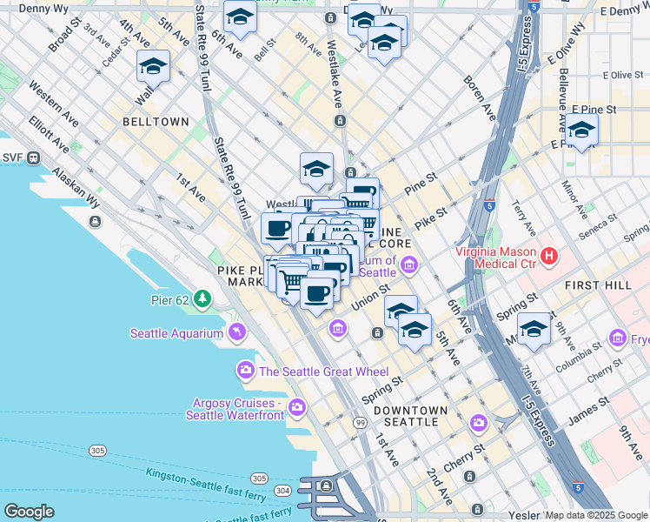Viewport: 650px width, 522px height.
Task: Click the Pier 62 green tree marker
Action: click(x=202, y=300)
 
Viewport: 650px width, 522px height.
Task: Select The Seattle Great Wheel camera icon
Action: click(x=246, y=371)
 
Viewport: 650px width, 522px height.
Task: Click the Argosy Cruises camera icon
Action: click(x=297, y=407)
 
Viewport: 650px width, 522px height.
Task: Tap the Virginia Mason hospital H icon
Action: click(x=548, y=256)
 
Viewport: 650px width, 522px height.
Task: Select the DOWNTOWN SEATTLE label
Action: click(x=404, y=416)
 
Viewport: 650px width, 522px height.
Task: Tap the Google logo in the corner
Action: click(x=29, y=512)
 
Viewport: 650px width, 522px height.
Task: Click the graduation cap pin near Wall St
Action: click(x=153, y=66)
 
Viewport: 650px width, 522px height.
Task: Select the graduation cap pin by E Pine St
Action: click(x=581, y=130)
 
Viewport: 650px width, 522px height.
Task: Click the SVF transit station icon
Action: click(x=35, y=158)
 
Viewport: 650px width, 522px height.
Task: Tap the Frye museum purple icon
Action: click(x=618, y=337)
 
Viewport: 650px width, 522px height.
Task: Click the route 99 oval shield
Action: click(x=359, y=422)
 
